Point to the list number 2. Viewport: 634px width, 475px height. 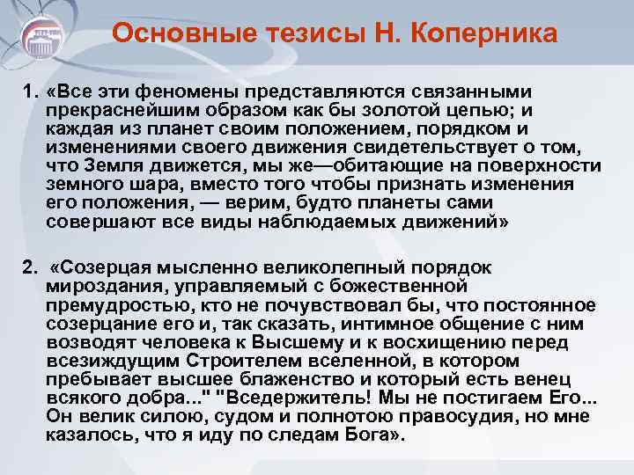[30, 267]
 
